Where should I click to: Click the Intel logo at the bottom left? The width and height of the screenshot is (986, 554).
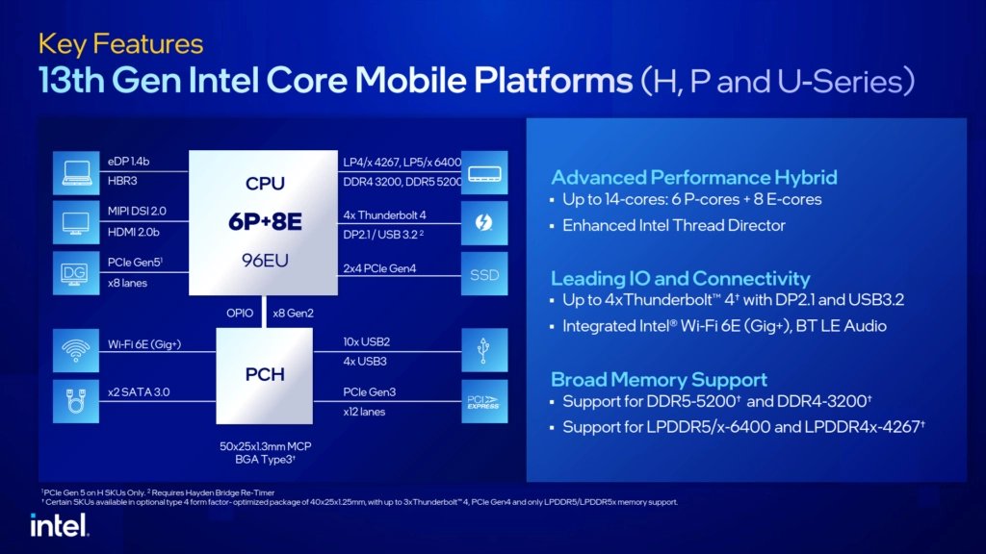coord(59,524)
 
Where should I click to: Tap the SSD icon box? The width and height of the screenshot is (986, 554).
coord(484,274)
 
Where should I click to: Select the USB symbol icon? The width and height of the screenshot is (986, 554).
coord(484,351)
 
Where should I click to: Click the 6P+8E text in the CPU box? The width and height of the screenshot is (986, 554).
coord(265,222)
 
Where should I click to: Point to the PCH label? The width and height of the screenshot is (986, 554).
coord(265,374)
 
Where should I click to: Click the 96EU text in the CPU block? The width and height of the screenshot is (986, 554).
coord(265,260)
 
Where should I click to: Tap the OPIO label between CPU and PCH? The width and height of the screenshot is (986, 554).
coord(241,313)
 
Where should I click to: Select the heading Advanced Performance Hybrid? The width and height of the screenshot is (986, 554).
coord(693,177)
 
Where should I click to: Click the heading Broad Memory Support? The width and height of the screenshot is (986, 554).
coord(659,379)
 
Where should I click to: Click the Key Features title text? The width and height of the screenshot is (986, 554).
coord(120,44)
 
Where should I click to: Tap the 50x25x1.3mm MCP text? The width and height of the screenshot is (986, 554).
coord(265,448)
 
